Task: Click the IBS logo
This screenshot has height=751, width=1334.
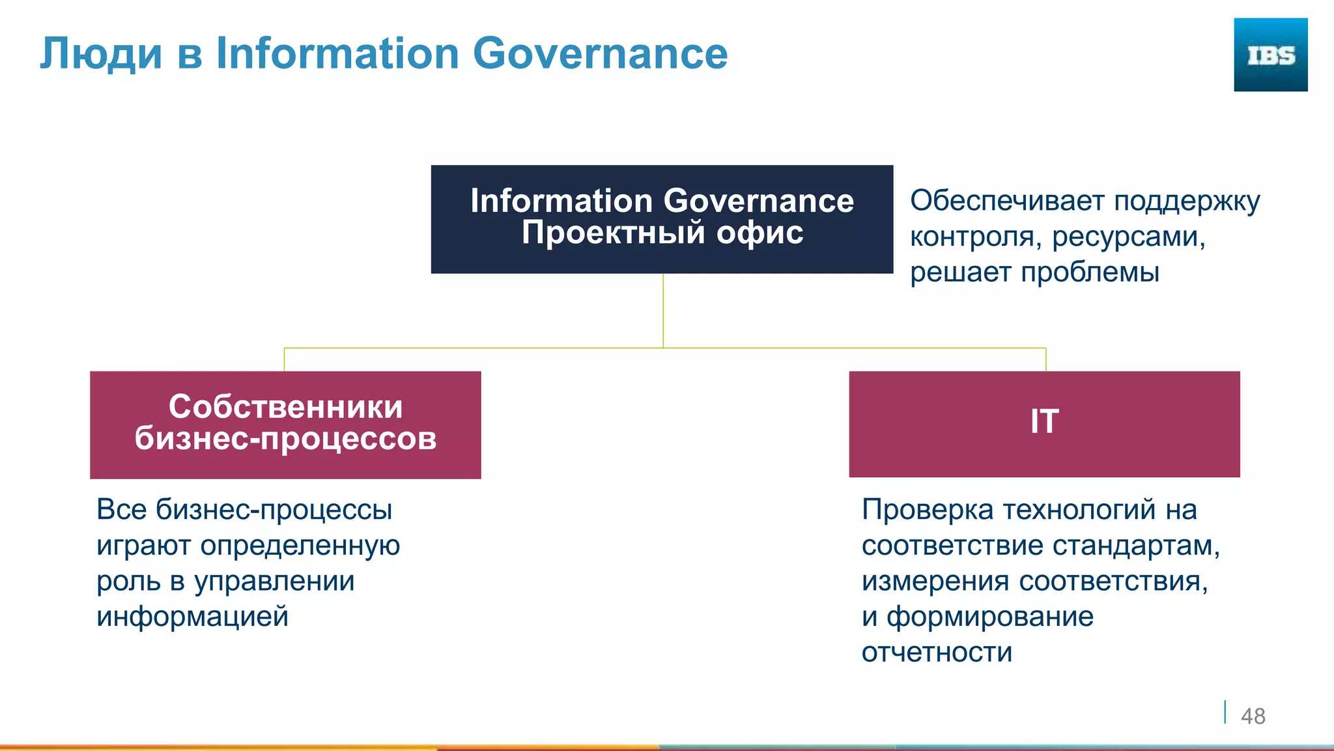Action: point(1270,55)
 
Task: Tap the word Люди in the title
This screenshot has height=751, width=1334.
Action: point(101,53)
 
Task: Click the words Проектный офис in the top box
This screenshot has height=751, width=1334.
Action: point(662,233)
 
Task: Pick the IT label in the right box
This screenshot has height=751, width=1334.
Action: point(1044,422)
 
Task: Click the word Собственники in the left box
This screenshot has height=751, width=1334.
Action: point(285,407)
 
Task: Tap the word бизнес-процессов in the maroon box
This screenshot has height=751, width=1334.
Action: point(285,439)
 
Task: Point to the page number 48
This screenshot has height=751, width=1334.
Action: point(1253,716)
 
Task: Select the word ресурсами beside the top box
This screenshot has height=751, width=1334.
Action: point(1128,237)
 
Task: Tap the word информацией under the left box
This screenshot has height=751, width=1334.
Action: point(192,617)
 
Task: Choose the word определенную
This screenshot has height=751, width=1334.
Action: point(300,546)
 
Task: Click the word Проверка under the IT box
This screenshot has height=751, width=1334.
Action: point(927,510)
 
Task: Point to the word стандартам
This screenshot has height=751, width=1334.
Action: point(1136,546)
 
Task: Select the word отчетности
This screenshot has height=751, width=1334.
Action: point(937,653)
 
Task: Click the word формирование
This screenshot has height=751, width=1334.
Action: point(989,617)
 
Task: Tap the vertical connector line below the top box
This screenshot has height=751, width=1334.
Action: point(663,310)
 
